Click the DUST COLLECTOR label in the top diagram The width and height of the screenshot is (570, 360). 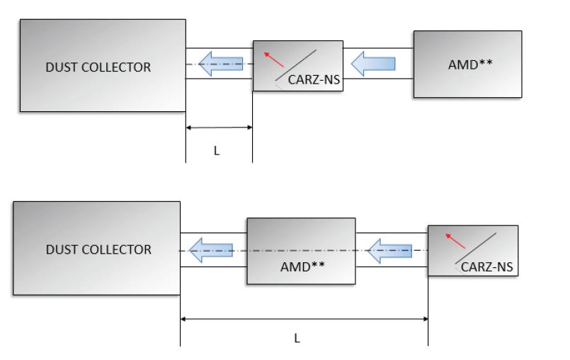point(98,67)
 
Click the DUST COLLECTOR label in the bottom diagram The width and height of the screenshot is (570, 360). point(98,249)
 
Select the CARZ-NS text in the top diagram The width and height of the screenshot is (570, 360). point(314,80)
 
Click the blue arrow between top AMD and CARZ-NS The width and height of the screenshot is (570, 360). point(373,65)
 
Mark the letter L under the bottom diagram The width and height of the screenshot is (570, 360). point(297,337)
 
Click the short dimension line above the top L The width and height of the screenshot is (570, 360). point(219,128)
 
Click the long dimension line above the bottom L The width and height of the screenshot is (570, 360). point(304,319)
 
